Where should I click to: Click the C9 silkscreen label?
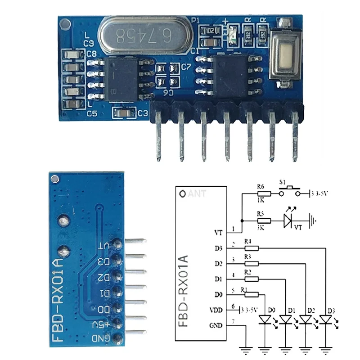coord(88,43)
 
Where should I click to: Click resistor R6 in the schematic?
coord(264,194)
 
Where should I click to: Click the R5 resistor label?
coord(260,215)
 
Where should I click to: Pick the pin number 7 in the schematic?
coord(233,321)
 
